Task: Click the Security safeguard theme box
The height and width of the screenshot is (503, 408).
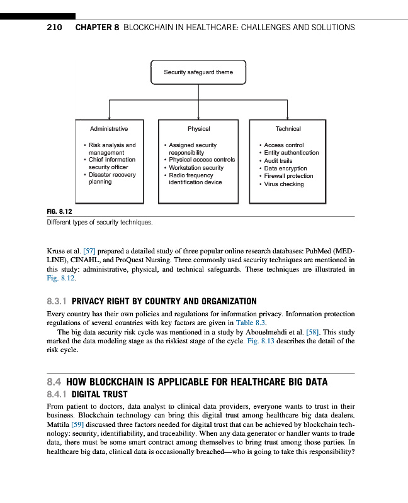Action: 198,72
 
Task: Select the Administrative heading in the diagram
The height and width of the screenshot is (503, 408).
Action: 109,129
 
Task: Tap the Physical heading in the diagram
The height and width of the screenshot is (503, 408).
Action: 198,129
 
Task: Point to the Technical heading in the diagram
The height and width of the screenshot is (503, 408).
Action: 288,129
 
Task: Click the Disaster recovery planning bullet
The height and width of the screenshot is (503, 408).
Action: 111,179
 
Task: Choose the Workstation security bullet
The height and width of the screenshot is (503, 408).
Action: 196,168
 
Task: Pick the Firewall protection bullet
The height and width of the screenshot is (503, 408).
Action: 288,176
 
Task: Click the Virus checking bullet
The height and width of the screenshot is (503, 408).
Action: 284,184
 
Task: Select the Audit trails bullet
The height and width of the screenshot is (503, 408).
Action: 278,161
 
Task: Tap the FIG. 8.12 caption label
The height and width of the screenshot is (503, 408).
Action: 60,212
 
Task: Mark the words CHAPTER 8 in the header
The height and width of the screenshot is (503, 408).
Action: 97,28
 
